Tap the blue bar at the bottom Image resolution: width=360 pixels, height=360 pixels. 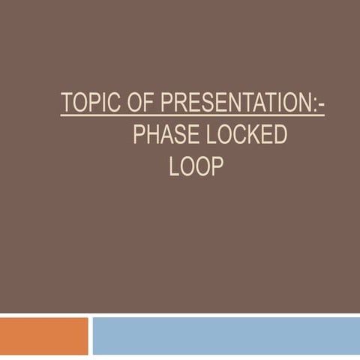coord(225,335)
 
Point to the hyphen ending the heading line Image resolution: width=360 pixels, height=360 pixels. coord(321,106)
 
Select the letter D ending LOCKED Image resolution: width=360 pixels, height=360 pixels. coord(280,135)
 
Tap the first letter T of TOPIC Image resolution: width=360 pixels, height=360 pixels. coord(66,103)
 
